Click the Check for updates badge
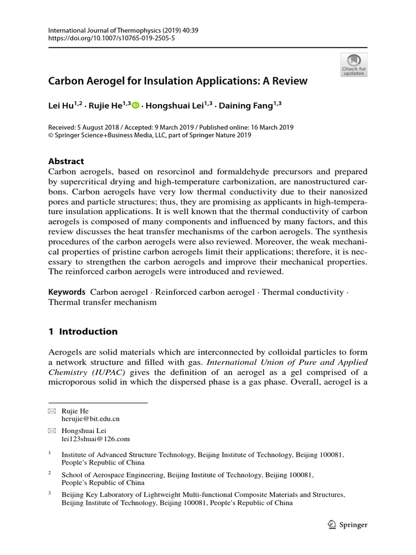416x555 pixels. (x=353, y=64)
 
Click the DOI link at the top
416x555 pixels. (x=112, y=38)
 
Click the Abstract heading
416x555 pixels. (x=66, y=161)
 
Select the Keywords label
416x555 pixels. (x=67, y=292)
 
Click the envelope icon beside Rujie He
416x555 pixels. (x=52, y=411)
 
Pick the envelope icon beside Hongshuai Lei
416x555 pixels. (x=52, y=431)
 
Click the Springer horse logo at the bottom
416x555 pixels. (x=332, y=524)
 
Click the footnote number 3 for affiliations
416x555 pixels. (x=50, y=493)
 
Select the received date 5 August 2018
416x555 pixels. (x=100, y=127)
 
